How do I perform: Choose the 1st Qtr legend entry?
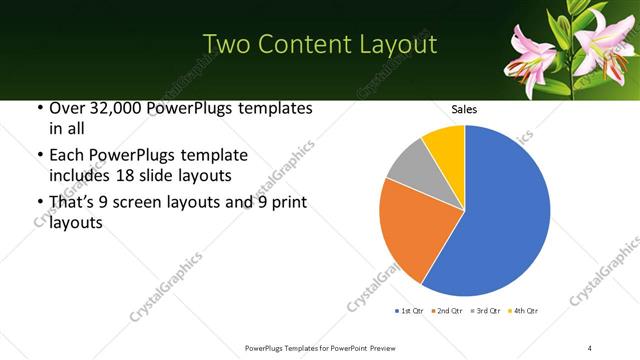[410, 311]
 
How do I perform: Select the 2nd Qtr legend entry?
[446, 311]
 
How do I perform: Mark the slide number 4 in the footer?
[590, 347]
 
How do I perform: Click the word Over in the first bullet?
[65, 108]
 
